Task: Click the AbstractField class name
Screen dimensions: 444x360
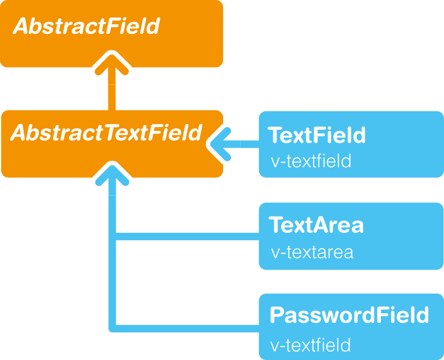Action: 87,26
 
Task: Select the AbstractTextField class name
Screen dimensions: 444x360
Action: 106,133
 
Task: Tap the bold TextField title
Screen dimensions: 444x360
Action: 316,135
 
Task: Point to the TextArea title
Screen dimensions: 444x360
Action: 316,225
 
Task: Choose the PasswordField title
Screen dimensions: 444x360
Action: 350,314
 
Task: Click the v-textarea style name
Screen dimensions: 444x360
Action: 312,252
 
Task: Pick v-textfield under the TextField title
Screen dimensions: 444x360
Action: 311,161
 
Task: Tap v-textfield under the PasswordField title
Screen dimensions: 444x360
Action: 310,345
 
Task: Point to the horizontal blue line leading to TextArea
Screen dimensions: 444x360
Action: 187,236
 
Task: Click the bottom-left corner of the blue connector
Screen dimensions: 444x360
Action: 110,331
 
